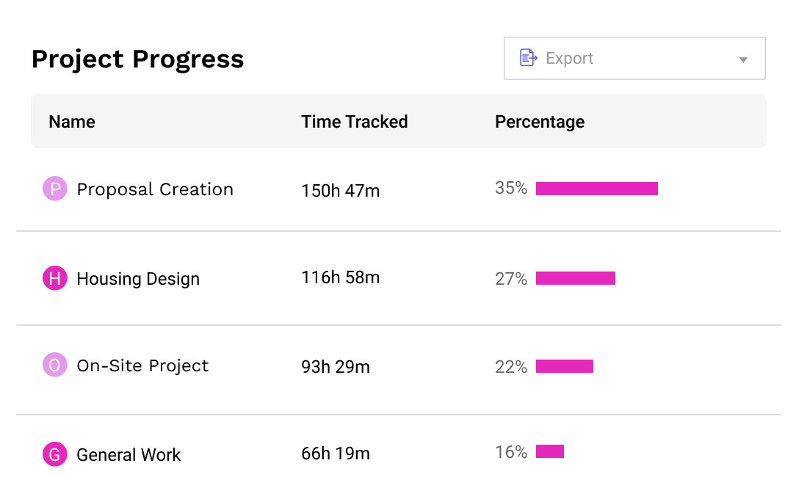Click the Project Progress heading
tap(137, 59)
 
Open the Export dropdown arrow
tap(743, 59)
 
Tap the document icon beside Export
tap(529, 58)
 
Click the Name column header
tap(72, 122)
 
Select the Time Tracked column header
tap(354, 122)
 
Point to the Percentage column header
tap(540, 122)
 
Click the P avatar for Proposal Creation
tap(55, 189)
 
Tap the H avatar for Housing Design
tap(55, 278)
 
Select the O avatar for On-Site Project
tap(55, 365)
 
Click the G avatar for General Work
tap(55, 454)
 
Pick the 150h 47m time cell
tap(340, 191)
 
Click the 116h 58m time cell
tap(340, 277)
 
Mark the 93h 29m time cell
tap(336, 366)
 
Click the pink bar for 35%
tap(596, 189)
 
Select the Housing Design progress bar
tap(575, 278)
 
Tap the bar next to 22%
tap(564, 366)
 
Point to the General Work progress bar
tap(549, 451)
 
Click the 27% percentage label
tap(511, 279)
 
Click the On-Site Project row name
tap(142, 365)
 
